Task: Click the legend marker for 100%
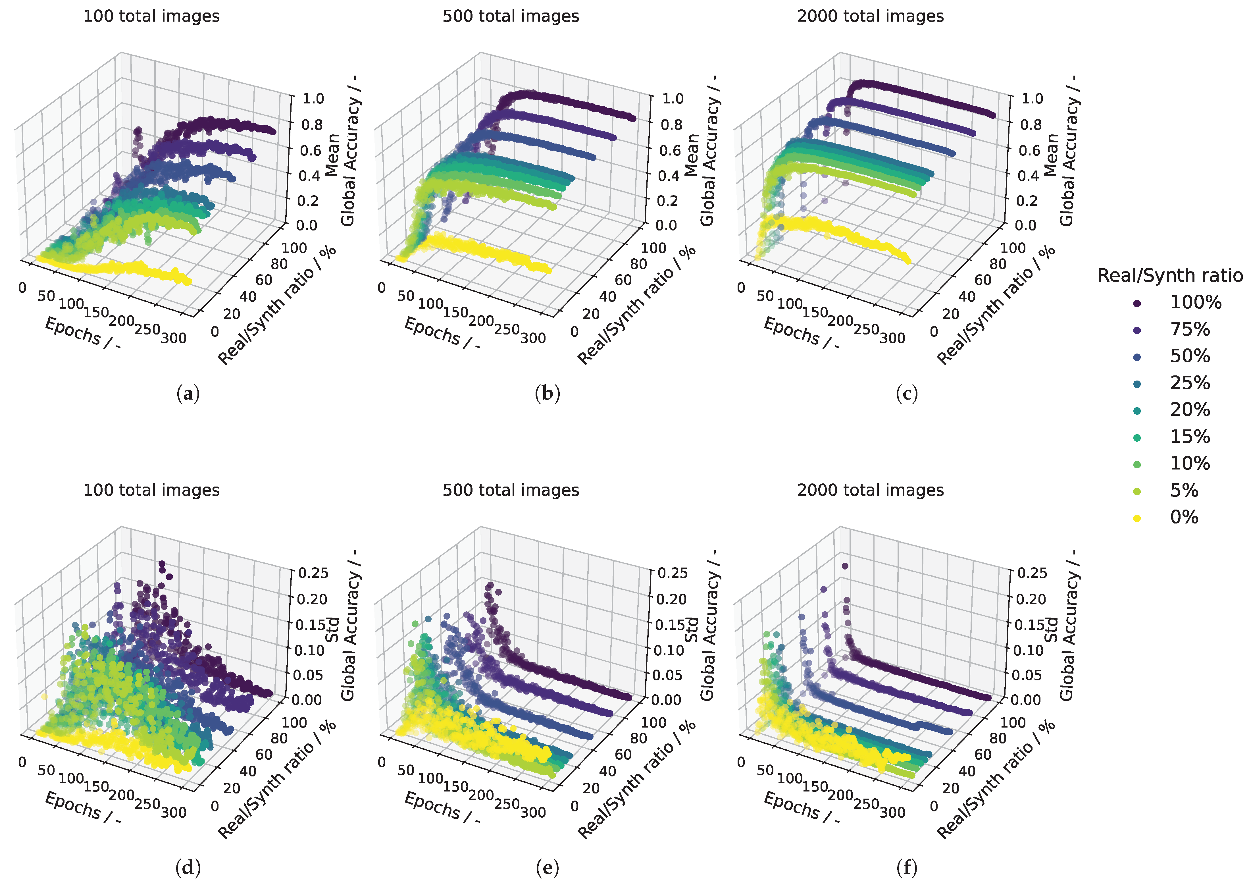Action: click(1137, 303)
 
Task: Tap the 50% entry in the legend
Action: click(1190, 356)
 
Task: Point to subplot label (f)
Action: click(907, 867)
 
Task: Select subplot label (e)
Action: click(548, 867)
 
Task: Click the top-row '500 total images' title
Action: click(511, 16)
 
